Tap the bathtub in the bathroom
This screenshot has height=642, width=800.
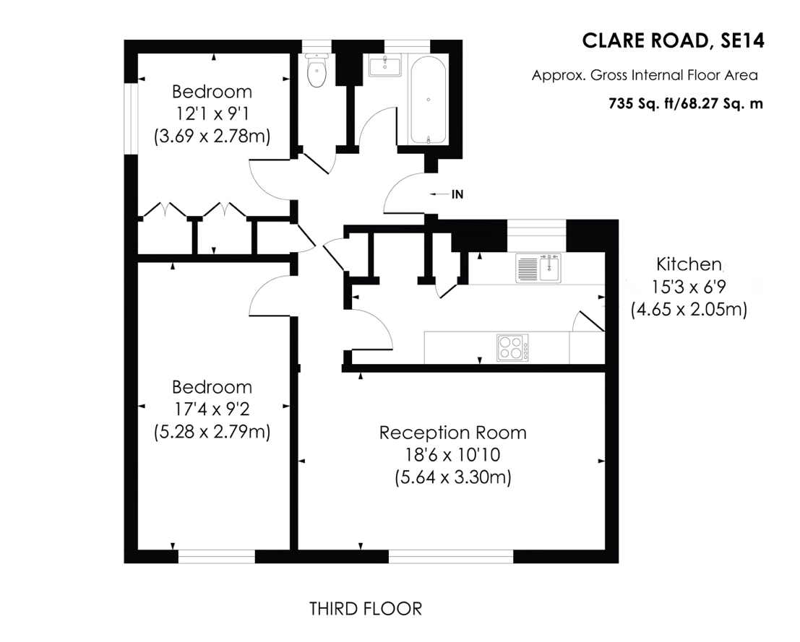[428, 100]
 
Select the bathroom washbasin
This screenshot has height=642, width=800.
[385, 65]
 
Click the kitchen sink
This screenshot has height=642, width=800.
[538, 268]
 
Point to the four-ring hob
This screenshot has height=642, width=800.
[512, 348]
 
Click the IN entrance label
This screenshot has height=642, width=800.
[457, 194]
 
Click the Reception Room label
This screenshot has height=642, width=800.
[452, 433]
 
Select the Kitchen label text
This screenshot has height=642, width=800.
[688, 264]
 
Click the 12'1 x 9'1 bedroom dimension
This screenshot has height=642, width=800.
[212, 113]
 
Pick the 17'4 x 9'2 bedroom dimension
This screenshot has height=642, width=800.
[212, 409]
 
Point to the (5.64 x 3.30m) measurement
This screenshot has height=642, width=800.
[453, 477]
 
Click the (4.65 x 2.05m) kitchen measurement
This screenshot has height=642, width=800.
[689, 309]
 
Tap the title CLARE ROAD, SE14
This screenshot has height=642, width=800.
[673, 40]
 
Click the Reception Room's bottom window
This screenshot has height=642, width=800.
[450, 556]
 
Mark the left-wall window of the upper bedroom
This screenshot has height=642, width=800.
[131, 118]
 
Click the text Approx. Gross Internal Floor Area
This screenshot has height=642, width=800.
[645, 76]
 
